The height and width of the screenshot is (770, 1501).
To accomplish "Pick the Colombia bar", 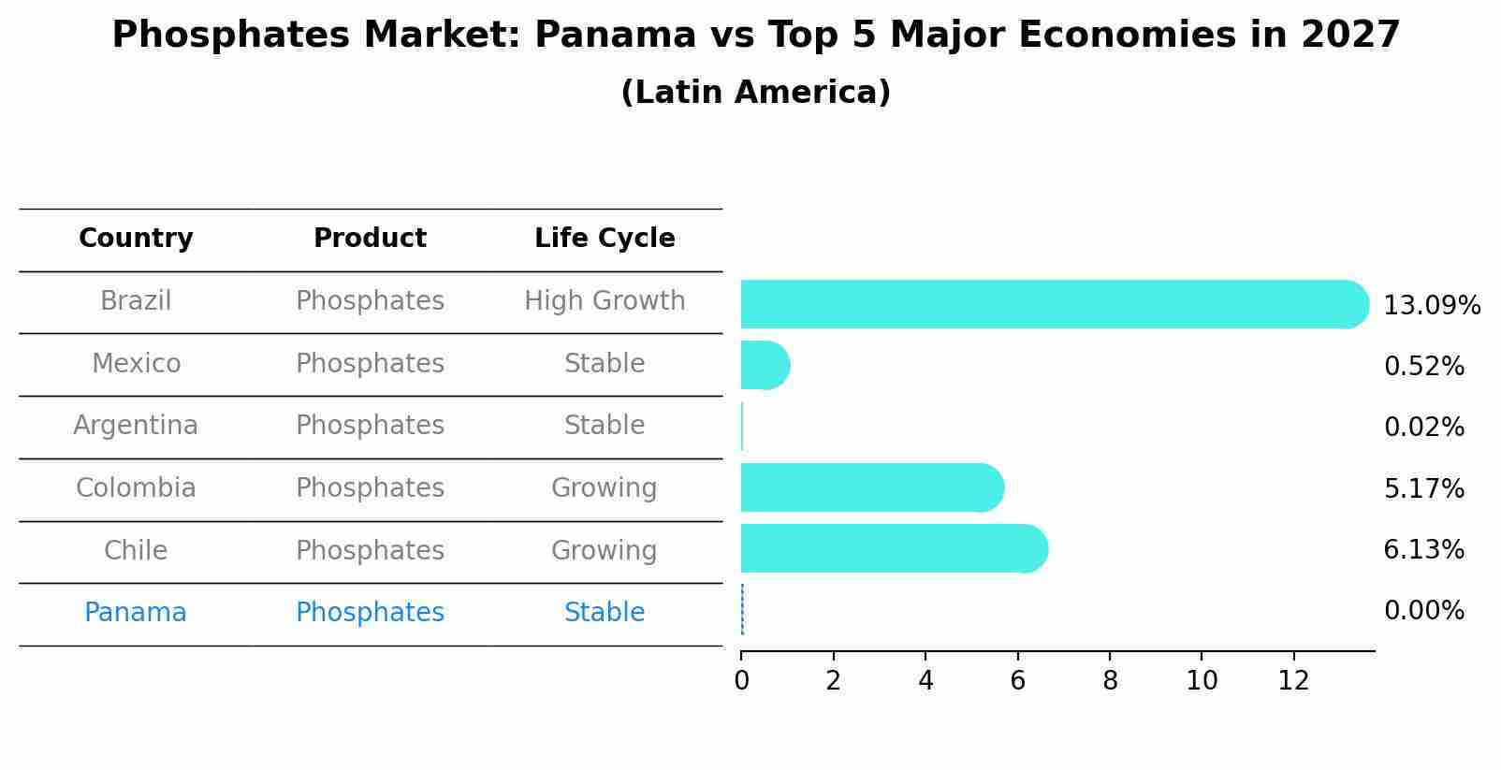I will click(871, 487).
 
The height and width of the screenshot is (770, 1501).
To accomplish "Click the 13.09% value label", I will click(1431, 306).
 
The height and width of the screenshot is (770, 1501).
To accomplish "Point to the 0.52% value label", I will click(1423, 367).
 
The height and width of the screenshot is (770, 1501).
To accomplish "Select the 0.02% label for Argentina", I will click(1423, 428).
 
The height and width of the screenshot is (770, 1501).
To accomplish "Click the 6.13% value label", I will click(1423, 550).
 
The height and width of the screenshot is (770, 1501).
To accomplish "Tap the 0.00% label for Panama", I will click(1423, 611).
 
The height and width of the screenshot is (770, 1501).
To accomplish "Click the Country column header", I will click(136, 239).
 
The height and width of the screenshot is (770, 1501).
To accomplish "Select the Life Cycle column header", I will click(605, 239).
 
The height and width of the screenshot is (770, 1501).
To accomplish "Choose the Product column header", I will click(370, 239).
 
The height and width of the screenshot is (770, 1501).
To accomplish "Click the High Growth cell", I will click(605, 301).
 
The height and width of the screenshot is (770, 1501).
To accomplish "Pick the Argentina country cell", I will click(136, 426).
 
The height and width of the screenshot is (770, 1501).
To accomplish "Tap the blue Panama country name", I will click(136, 613).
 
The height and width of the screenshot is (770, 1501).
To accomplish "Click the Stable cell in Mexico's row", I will click(605, 364).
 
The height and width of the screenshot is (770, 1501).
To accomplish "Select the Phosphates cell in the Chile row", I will click(370, 551).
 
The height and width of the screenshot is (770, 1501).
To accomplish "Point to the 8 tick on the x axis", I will click(1110, 681).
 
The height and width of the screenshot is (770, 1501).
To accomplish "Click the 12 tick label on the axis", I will click(1293, 681).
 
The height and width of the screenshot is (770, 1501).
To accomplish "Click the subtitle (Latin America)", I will click(755, 93).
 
